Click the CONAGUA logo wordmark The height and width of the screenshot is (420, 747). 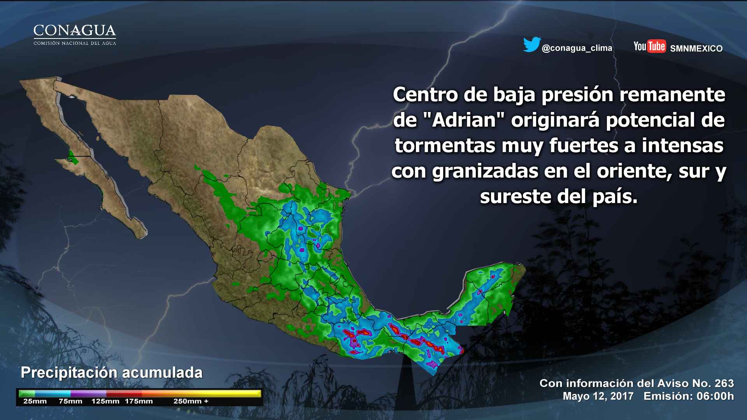pyautogui.click(x=75, y=31)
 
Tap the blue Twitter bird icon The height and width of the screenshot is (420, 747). pyautogui.click(x=531, y=45)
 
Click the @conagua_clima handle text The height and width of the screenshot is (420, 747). pyautogui.click(x=577, y=48)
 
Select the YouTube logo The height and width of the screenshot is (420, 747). pyautogui.click(x=649, y=46)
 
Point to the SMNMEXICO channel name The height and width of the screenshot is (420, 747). pyautogui.click(x=696, y=49)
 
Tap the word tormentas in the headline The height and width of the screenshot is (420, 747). pyautogui.click(x=445, y=146)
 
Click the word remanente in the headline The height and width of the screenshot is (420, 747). pyautogui.click(x=672, y=94)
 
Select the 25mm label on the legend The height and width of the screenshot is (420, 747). pyautogui.click(x=35, y=401)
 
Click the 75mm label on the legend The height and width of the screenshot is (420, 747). pyautogui.click(x=70, y=401)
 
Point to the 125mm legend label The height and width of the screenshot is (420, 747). pyautogui.click(x=105, y=401)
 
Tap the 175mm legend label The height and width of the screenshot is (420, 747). pyautogui.click(x=139, y=401)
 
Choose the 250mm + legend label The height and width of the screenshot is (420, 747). pyautogui.click(x=191, y=401)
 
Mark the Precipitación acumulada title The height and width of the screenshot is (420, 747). pyautogui.click(x=112, y=373)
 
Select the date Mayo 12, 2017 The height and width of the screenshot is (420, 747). pyautogui.click(x=598, y=396)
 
